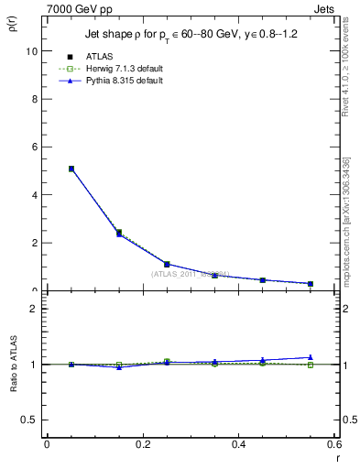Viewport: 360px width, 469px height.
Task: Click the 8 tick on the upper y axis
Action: click(35, 99)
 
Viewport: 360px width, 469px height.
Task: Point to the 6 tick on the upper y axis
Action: click(35, 147)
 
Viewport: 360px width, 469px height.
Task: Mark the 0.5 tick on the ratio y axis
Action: click(30, 420)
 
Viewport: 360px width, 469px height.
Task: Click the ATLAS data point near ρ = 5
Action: click(71, 169)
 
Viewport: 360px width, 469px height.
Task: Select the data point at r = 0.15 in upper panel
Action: click(119, 234)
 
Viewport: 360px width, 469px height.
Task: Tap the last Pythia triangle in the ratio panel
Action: click(311, 357)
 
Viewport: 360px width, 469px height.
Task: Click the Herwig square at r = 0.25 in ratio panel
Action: click(167, 361)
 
